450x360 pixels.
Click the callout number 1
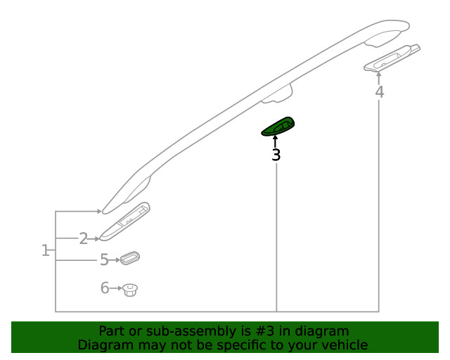point(45,250)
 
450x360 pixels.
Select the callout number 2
point(84,238)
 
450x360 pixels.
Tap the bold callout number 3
point(276,155)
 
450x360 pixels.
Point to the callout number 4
point(380,92)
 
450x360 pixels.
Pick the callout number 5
point(104,260)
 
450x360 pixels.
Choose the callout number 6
point(105,288)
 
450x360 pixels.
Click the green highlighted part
point(278,127)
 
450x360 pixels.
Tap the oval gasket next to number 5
point(129,257)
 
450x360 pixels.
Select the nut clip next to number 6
point(130,290)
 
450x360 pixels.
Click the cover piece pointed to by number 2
point(124,221)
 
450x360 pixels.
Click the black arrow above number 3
point(276,142)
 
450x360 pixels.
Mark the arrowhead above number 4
point(379,75)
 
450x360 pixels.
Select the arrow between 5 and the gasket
point(114,260)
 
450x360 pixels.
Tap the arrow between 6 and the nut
point(116,288)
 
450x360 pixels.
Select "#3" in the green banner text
point(265,331)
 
